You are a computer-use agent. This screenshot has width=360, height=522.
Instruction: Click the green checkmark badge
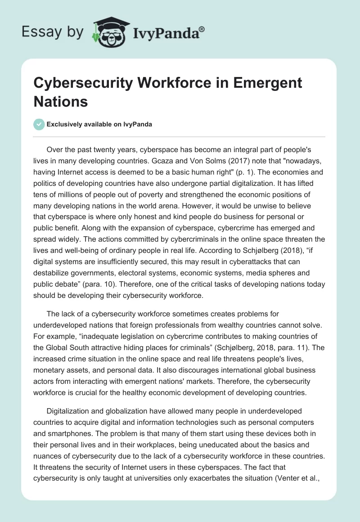(x=40, y=124)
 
